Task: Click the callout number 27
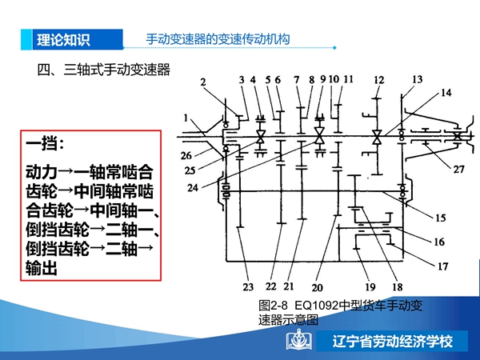[x=458, y=169]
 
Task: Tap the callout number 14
[x=446, y=93]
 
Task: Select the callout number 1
[x=186, y=118]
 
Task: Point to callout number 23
[x=248, y=287]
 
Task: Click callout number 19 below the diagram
[x=370, y=287]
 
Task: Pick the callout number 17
[x=442, y=266]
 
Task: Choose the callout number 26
[x=186, y=155]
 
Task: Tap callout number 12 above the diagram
[x=378, y=80]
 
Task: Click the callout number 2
[x=203, y=82]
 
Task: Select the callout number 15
[x=441, y=218]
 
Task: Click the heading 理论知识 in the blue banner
[x=63, y=40]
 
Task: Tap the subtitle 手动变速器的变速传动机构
[x=218, y=39]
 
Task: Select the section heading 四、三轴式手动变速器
[x=103, y=70]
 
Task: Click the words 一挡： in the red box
[x=45, y=143]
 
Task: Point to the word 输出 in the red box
[x=42, y=268]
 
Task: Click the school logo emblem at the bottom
[x=298, y=339]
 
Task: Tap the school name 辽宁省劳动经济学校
[x=393, y=342]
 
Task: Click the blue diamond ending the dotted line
[x=334, y=48]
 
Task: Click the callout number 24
[x=193, y=188]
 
